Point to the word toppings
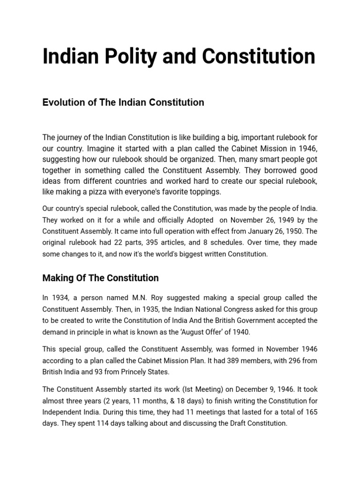[x=200, y=192]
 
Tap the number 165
[x=311, y=412]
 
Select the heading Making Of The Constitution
[x=100, y=278]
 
